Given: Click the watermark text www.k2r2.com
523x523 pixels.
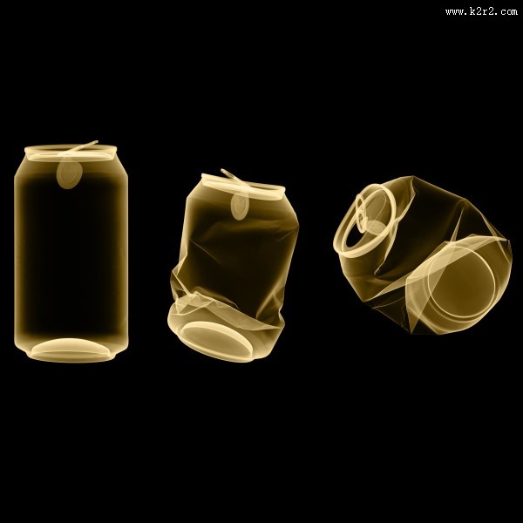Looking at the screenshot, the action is coord(481,11).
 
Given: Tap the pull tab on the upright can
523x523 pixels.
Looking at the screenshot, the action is coord(78,148).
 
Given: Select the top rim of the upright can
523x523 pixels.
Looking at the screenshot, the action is coord(71,153).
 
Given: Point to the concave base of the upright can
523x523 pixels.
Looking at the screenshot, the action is coord(71,350).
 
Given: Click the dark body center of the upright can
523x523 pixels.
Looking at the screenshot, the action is coord(71,257).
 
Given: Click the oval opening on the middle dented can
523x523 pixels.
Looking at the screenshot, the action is coord(240,207).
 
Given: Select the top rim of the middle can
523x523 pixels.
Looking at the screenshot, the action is coord(243,187).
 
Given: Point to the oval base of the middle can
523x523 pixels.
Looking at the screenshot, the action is coord(216,340).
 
